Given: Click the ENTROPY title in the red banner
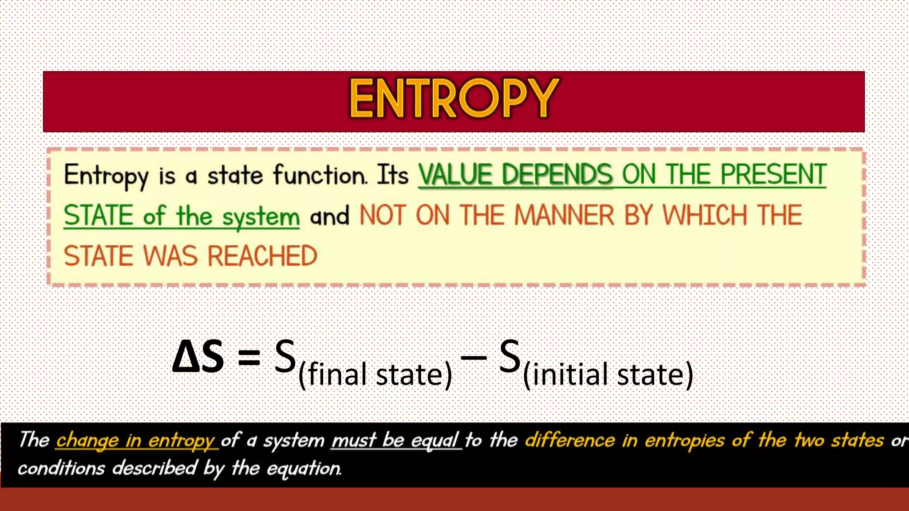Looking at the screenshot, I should pyautogui.click(x=454, y=98).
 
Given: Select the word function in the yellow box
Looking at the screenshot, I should pyautogui.click(x=320, y=175).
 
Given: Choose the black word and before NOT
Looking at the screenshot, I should pyautogui.click(x=329, y=216).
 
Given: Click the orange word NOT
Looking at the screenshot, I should pyautogui.click(x=383, y=216).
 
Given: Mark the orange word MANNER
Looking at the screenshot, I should pyautogui.click(x=564, y=216).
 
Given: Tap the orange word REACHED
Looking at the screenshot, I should pyautogui.click(x=262, y=256).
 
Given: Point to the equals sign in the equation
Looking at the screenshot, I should pyautogui.click(x=249, y=358).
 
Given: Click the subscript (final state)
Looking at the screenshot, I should pyautogui.click(x=375, y=375).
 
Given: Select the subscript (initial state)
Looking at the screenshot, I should pyautogui.click(x=608, y=375).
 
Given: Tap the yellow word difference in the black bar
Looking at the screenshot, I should pyautogui.click(x=570, y=440).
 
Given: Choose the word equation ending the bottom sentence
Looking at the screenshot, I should pyautogui.click(x=304, y=468).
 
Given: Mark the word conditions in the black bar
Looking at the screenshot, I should pyautogui.click(x=61, y=468).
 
